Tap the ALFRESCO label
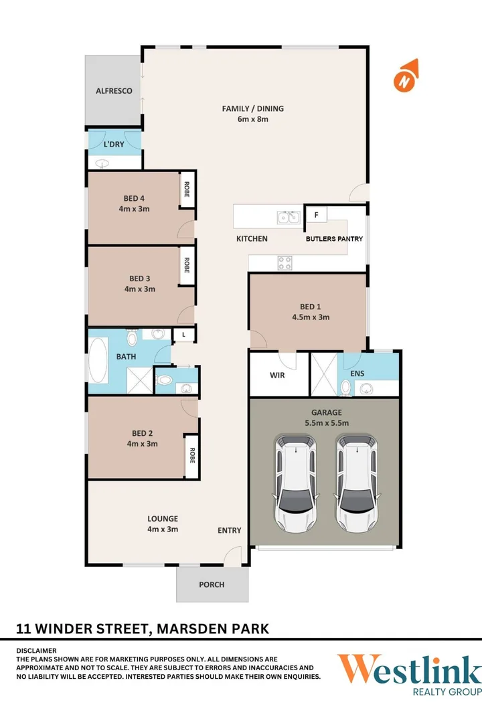(x=114, y=91)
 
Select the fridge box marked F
(x=315, y=216)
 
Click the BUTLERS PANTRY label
(x=334, y=238)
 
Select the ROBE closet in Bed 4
(x=186, y=191)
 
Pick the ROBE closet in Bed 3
(x=187, y=266)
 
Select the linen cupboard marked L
(x=183, y=335)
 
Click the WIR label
(x=277, y=376)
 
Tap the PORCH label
(x=212, y=584)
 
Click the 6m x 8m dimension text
(x=253, y=119)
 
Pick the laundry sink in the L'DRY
(x=102, y=163)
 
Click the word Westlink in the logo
(x=408, y=670)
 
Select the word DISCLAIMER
(x=37, y=650)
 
